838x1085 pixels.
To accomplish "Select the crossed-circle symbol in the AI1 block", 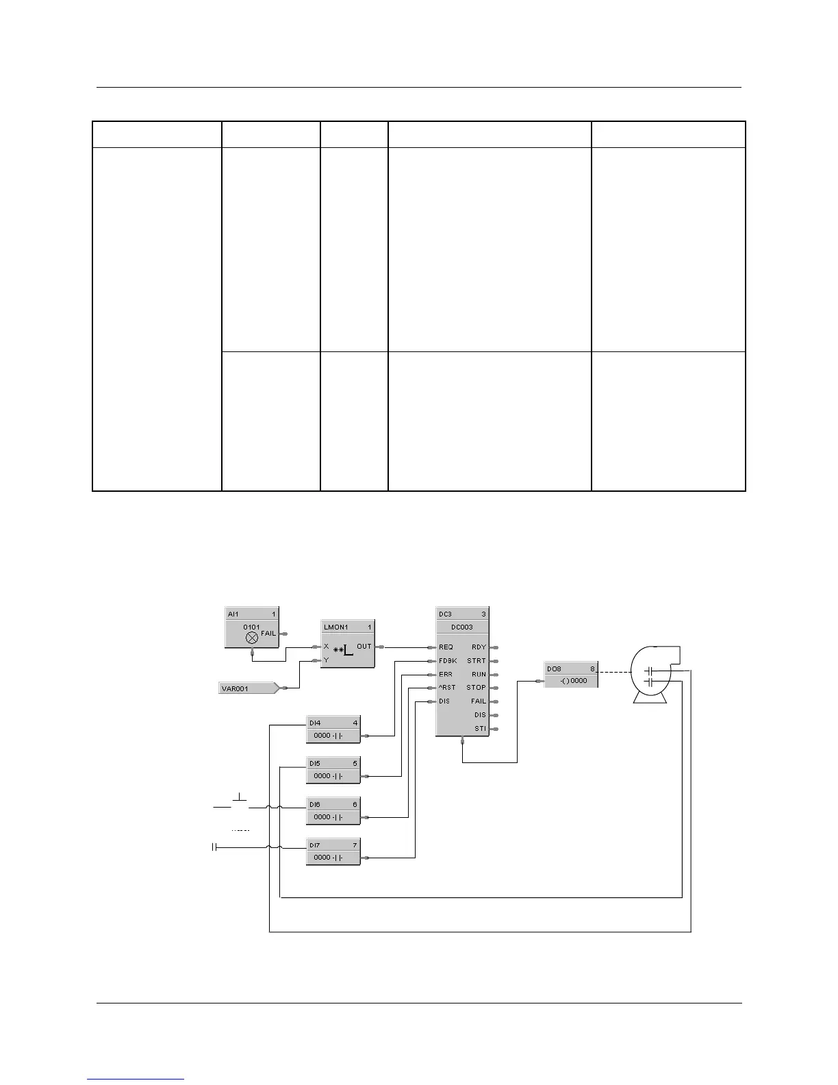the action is pos(252,637).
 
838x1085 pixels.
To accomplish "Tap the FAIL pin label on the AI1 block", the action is pos(268,634).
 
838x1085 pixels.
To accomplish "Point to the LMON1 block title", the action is pos(336,627).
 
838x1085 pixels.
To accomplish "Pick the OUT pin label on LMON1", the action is pos(364,647).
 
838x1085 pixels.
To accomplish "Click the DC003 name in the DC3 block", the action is pos(461,627).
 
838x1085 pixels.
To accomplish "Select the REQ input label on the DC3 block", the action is pos(446,647).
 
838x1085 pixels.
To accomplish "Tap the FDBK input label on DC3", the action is pos(448,661).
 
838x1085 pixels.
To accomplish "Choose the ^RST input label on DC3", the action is pos(447,688).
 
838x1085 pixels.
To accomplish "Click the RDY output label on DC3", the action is pos(479,647).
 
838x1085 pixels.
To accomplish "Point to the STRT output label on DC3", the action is pos(477,661).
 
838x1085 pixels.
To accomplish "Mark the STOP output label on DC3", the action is pos(476,688).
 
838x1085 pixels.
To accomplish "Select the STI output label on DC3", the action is pos(480,729).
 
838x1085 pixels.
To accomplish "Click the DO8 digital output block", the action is pos(571,675).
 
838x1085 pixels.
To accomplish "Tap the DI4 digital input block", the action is pos(333,729).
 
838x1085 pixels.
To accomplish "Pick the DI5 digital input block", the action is pos(333,770).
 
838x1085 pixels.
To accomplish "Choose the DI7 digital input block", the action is pos(333,851).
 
